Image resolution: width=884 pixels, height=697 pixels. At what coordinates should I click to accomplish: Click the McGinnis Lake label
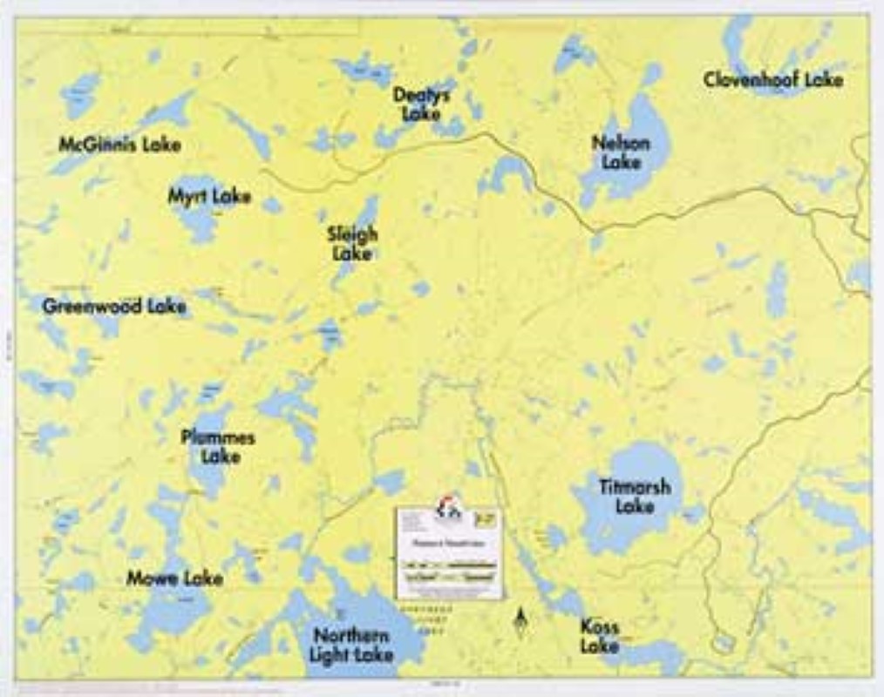pos(119,145)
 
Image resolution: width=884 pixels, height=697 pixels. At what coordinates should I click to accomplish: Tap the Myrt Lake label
pos(209,196)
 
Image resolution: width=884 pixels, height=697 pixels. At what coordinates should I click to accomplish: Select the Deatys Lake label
pos(421,104)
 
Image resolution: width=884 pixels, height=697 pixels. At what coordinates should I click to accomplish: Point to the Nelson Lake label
pos(621,152)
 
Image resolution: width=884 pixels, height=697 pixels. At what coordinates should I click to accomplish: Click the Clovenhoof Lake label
pos(773,80)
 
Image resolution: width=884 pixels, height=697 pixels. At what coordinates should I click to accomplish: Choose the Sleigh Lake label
pos(352,244)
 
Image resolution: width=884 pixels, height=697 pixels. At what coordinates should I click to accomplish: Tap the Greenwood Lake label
pos(114,307)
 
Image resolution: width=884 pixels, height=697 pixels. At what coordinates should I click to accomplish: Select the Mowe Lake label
pos(174,579)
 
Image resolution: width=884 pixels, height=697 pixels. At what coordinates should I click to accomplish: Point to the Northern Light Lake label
pos(351,646)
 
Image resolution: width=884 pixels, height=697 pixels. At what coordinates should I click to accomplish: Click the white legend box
pos(449,554)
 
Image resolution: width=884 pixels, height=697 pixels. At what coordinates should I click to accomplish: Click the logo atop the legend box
pos(449,507)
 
